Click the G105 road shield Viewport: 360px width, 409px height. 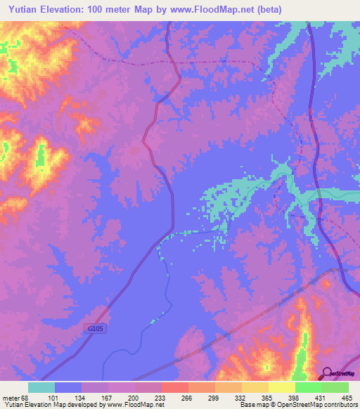[98, 328]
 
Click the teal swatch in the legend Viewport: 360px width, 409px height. [41, 387]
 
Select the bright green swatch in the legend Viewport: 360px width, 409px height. [308, 387]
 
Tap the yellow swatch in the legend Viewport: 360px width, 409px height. [281, 387]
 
